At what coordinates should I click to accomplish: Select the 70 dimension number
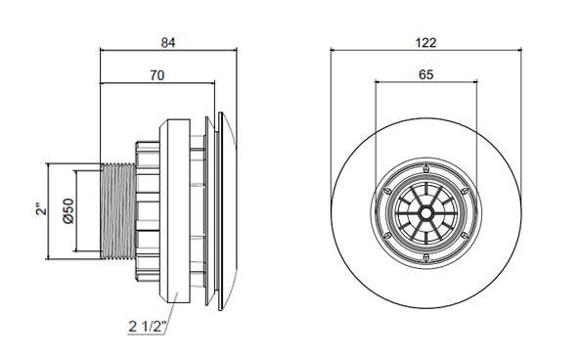pyautogui.click(x=156, y=75)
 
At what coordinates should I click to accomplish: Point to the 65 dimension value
pyautogui.click(x=425, y=75)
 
